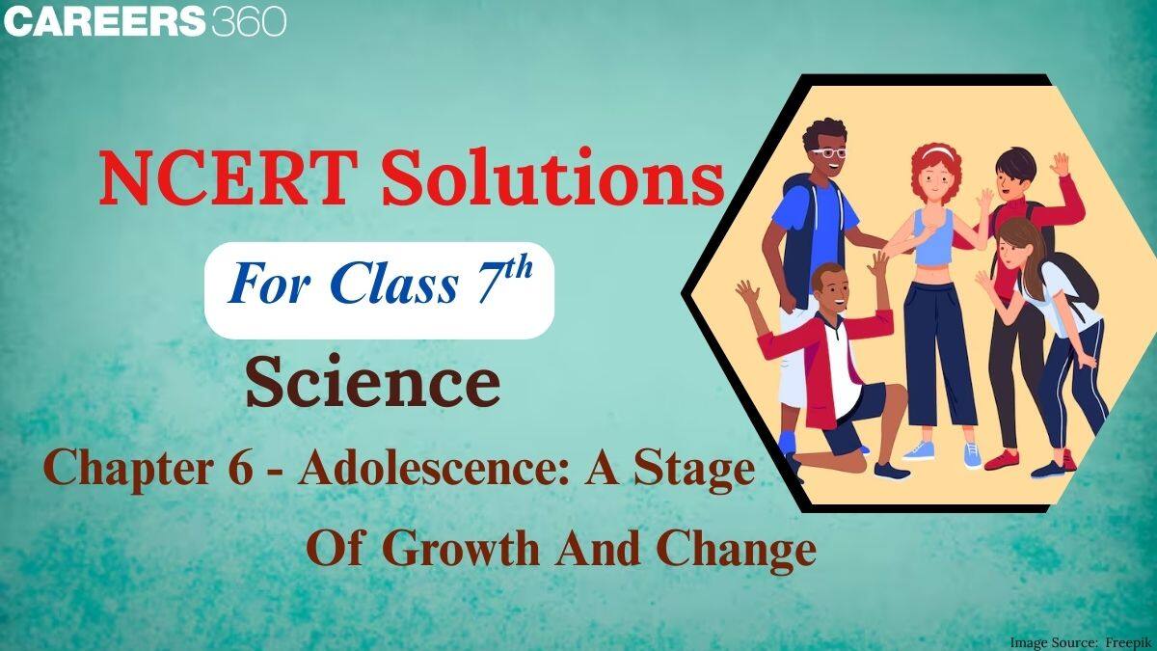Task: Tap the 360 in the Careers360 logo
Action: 247,21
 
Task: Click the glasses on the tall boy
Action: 828,152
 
